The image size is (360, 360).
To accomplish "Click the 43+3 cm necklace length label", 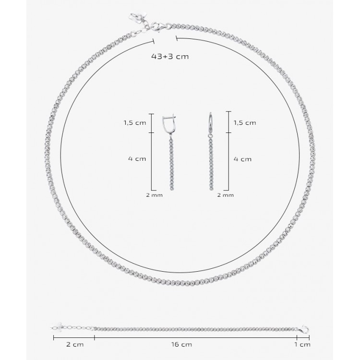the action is (x=170, y=57).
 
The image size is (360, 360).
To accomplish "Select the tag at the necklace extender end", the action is (x=138, y=17).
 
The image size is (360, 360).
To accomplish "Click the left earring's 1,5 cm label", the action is (x=135, y=123).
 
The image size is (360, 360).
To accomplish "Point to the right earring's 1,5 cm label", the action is (x=245, y=123).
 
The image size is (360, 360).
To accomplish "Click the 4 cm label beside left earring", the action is (x=137, y=159).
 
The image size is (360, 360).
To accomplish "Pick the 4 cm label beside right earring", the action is (x=243, y=159).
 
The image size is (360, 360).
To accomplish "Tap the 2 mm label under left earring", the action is (x=154, y=195).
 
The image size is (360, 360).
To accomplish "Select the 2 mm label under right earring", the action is (x=226, y=195).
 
